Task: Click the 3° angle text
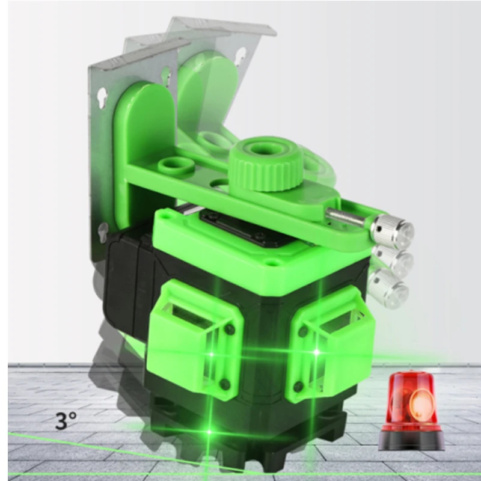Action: click(66, 420)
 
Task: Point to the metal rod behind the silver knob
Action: click(347, 217)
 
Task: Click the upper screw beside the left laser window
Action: click(230, 329)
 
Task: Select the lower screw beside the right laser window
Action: click(298, 385)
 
